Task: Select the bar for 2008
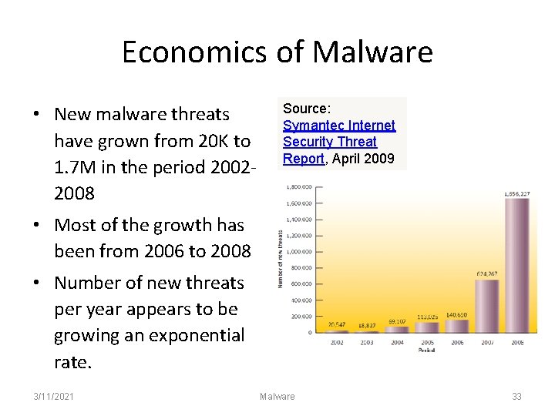tap(516, 265)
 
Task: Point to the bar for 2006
tap(457, 327)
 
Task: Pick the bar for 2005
tap(427, 327)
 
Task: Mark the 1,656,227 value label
tap(516, 193)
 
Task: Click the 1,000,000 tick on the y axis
tap(299, 252)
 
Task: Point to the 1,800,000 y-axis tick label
tap(299, 187)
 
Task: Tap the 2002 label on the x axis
tap(337, 341)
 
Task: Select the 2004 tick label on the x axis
tap(397, 341)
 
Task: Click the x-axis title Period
tap(426, 350)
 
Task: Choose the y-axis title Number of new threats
tap(281, 260)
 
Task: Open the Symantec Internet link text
tap(338, 126)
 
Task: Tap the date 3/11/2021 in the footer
tap(55, 396)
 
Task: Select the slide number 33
tap(516, 396)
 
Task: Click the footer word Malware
tap(277, 396)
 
